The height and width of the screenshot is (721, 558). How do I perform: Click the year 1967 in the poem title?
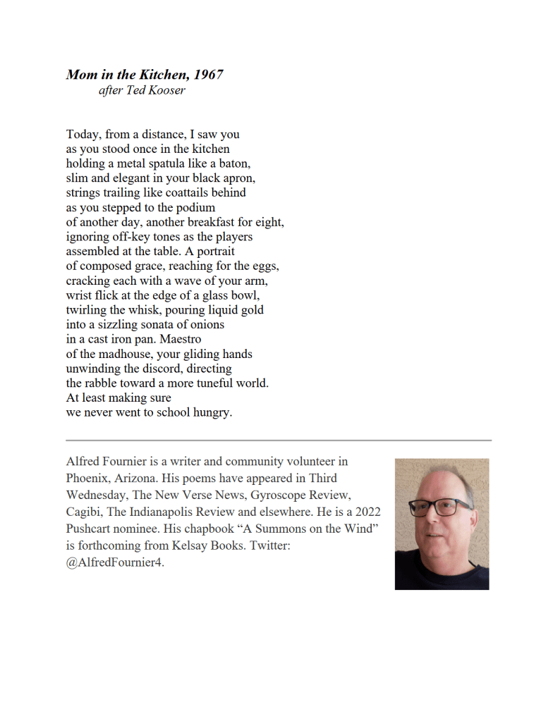209,74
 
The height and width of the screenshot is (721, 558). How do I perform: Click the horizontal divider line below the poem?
279,440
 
